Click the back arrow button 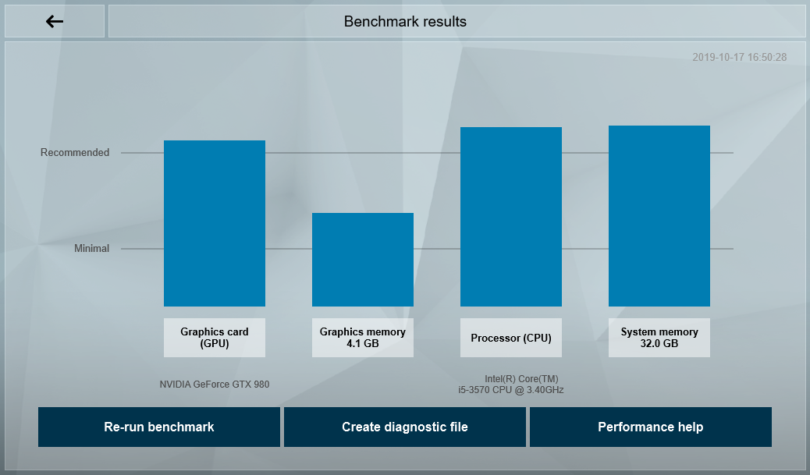coord(55,21)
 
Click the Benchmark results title coord(405,21)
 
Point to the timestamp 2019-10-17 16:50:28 coord(739,58)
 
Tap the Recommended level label coord(75,153)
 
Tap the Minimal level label coord(91,249)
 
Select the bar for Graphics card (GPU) coord(215,224)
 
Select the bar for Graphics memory coord(363,260)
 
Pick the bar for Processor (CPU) coord(511,217)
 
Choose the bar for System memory coord(659,216)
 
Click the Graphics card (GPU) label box coord(215,338)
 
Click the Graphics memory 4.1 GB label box coord(363,338)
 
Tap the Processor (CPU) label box coord(511,338)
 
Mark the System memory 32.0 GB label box coord(659,338)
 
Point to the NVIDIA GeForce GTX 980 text coord(215,385)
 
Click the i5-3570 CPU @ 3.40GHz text coord(511,390)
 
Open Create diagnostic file coord(405,427)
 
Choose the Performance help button coord(650,427)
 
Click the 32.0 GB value coord(659,344)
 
